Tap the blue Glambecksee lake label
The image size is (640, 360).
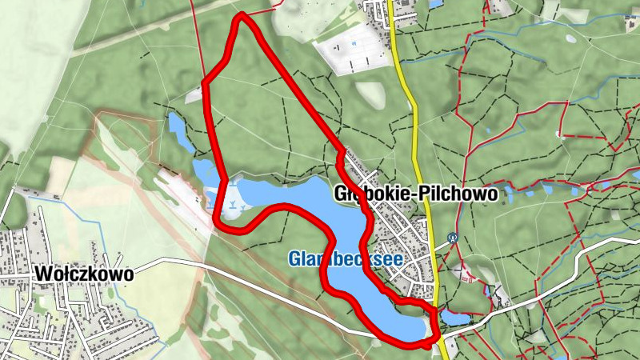[346, 258]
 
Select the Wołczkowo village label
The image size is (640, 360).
[83, 274]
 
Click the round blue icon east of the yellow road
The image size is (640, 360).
[453, 237]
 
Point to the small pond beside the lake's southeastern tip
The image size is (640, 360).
[454, 318]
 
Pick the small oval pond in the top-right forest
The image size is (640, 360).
[570, 38]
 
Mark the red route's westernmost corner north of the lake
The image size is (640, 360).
[205, 82]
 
